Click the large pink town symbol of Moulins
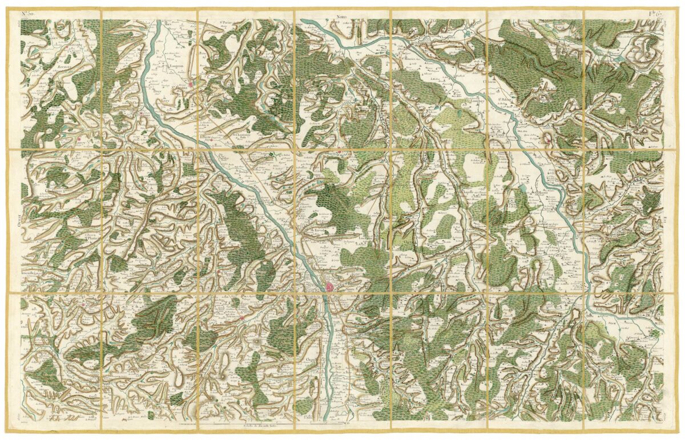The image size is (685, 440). pyautogui.click(x=331, y=286)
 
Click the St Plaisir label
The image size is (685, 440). pyautogui.click(x=91, y=239)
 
